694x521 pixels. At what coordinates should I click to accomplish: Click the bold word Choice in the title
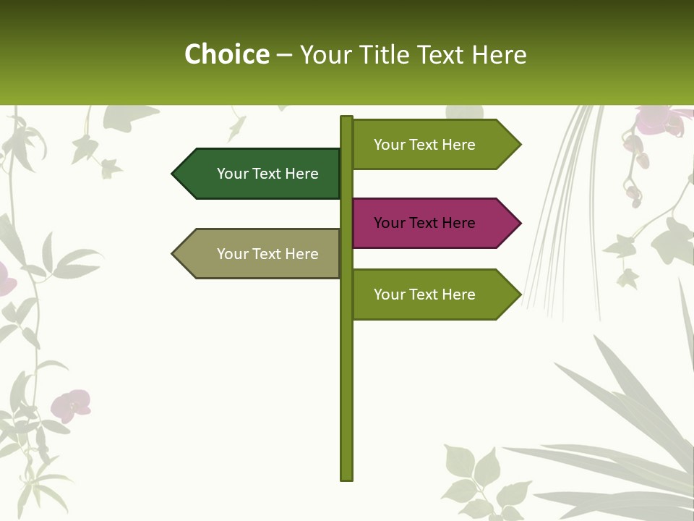pyautogui.click(x=226, y=54)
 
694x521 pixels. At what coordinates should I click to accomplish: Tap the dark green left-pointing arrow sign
pyautogui.click(x=260, y=174)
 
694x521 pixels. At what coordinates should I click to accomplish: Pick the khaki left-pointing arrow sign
pyautogui.click(x=260, y=254)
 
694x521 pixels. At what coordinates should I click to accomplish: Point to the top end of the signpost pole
pyautogui.click(x=346, y=118)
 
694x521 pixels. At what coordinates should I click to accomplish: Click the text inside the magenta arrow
pyautogui.click(x=424, y=223)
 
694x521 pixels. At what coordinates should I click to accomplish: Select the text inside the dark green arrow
pyautogui.click(x=267, y=174)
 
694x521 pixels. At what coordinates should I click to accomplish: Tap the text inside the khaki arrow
pyautogui.click(x=267, y=254)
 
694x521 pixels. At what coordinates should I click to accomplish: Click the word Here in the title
pyautogui.click(x=499, y=54)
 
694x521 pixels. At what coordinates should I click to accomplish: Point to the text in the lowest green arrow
pyautogui.click(x=424, y=295)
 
